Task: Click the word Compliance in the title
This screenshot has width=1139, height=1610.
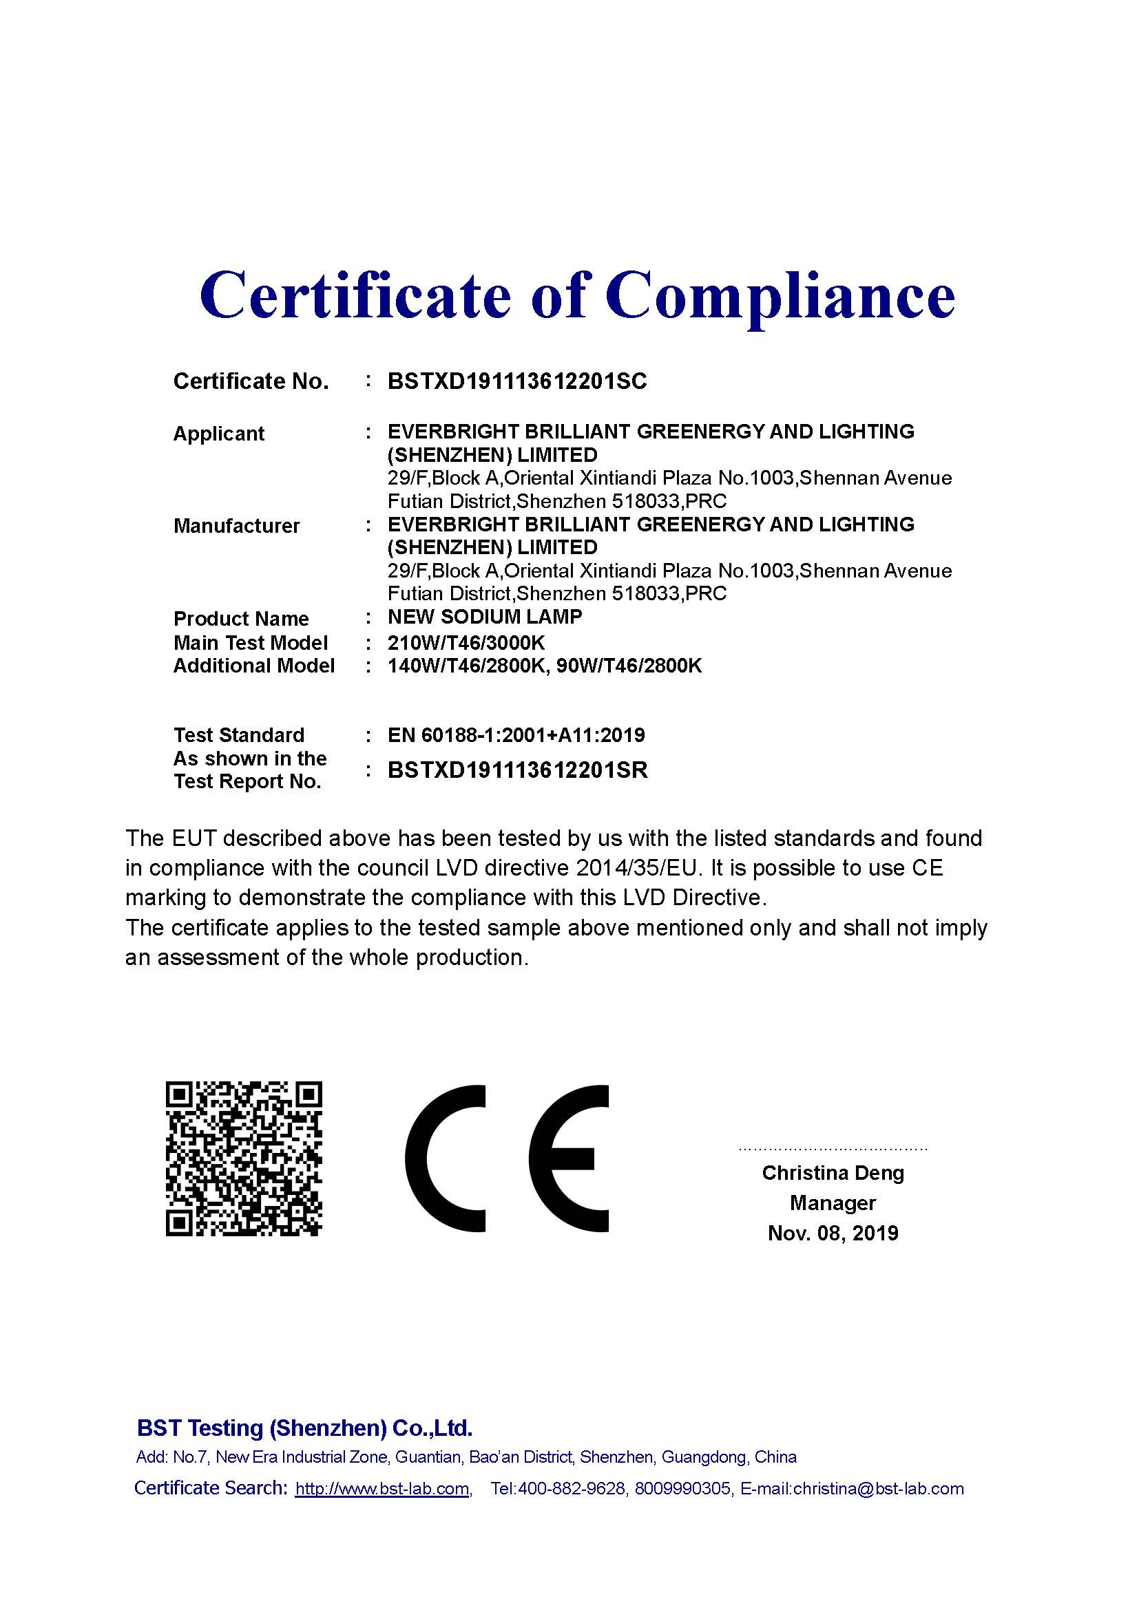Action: (x=780, y=296)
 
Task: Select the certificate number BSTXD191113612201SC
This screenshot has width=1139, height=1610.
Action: (x=517, y=381)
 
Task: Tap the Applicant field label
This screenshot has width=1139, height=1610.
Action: (x=218, y=434)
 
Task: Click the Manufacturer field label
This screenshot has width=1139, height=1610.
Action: (x=236, y=526)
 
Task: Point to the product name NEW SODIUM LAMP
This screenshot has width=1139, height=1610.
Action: (x=485, y=617)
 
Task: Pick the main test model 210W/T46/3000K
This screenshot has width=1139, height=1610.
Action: (x=466, y=642)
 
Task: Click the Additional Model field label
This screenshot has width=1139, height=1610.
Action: (x=254, y=666)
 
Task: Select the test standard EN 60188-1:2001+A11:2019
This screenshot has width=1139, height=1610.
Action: (x=516, y=735)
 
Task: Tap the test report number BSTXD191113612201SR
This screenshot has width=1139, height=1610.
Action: (x=517, y=770)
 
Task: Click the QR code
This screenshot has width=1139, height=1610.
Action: (x=243, y=1158)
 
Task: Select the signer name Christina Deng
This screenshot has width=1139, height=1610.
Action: (x=833, y=1172)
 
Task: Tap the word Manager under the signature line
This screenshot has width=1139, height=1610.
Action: (x=833, y=1203)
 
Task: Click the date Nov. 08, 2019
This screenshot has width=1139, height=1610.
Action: (x=833, y=1233)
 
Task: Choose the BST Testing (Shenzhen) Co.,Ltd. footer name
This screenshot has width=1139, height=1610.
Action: (x=304, y=1428)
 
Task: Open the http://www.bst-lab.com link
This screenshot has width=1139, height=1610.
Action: (x=382, y=1489)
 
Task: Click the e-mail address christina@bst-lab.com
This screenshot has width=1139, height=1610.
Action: (x=878, y=1489)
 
